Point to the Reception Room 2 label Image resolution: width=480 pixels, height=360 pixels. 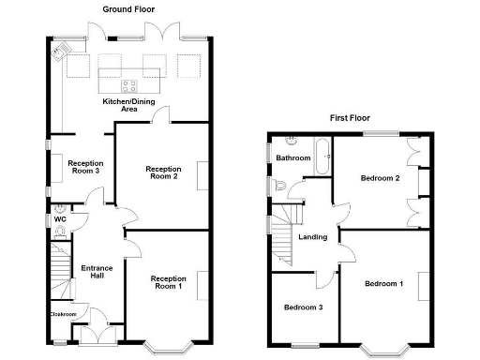(162, 173)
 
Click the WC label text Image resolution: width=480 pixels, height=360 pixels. (60, 219)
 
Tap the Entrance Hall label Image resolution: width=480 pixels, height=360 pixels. (97, 271)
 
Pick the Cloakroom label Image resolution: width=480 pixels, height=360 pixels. (62, 313)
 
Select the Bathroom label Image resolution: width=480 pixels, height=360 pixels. (292, 158)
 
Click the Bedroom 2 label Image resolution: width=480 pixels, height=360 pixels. (381, 177)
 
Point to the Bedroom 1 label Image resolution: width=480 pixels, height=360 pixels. (383, 283)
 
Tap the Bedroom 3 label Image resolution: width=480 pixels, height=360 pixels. (303, 306)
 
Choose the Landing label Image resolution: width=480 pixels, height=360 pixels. (312, 236)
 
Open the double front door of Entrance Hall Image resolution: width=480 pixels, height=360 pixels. (94, 335)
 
